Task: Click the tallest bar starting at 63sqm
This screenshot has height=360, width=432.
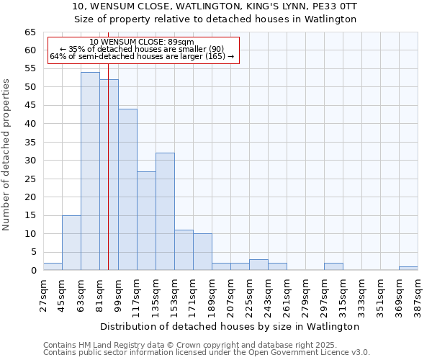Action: (x=90, y=171)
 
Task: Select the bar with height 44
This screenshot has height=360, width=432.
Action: (x=127, y=189)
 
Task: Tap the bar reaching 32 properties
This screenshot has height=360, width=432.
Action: (x=165, y=212)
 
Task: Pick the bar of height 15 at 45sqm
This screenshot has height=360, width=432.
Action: (x=71, y=243)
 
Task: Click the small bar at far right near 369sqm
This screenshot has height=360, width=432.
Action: (x=408, y=268)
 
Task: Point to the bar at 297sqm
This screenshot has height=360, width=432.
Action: (x=333, y=266)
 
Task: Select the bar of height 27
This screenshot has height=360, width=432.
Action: (x=146, y=220)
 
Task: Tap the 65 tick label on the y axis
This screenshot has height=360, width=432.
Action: (x=31, y=32)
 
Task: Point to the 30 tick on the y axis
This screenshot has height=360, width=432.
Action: (x=31, y=161)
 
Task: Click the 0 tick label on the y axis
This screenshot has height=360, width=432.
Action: (x=34, y=271)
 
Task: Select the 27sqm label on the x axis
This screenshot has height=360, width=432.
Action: (x=43, y=295)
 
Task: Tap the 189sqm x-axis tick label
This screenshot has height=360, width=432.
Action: (x=212, y=295)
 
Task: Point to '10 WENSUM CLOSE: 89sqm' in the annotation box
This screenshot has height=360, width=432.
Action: (x=142, y=42)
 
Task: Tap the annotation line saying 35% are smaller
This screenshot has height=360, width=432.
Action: (x=142, y=49)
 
